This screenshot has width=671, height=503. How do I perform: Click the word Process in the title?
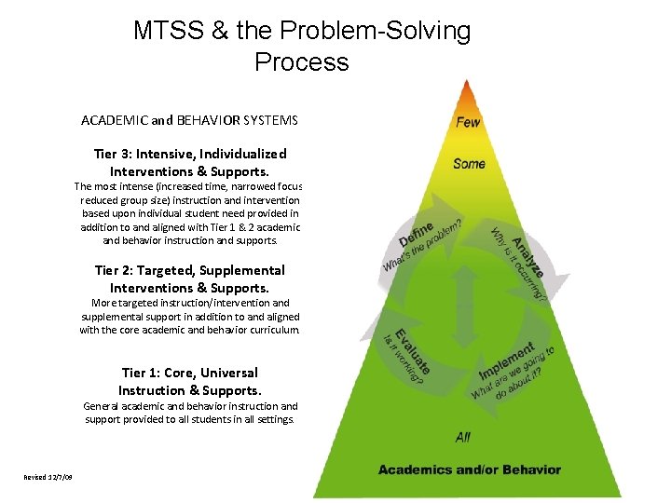point(301,62)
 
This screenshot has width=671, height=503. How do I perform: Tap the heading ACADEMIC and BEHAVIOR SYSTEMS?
point(189,121)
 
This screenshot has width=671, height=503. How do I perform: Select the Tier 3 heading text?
point(190,162)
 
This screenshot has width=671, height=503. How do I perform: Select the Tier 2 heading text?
point(190,279)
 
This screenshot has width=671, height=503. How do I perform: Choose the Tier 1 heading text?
point(190,381)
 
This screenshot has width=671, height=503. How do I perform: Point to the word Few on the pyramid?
point(468,122)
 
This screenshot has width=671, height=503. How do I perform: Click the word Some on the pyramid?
point(469,164)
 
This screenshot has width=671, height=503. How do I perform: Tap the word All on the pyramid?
point(463,436)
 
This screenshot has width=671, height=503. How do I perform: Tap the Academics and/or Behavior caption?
point(469,469)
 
